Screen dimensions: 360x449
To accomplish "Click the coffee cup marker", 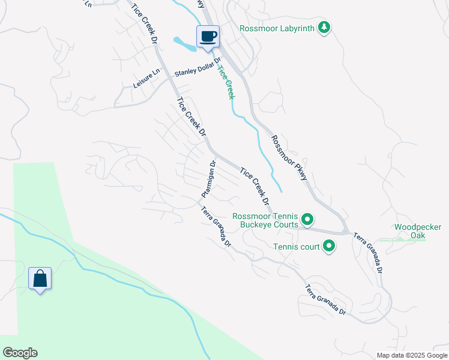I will click(x=208, y=37).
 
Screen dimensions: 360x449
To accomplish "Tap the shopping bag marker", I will click(x=40, y=279).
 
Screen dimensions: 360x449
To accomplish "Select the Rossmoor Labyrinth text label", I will click(x=277, y=28).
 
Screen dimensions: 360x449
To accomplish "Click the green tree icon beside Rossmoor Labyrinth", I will click(x=324, y=28).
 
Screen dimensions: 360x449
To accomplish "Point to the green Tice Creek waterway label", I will click(x=225, y=82).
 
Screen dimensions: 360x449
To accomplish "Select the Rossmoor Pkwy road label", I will click(x=289, y=158).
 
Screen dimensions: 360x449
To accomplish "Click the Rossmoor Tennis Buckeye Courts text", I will click(x=265, y=220).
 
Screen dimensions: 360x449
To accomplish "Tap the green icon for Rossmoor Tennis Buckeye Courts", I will click(x=307, y=220).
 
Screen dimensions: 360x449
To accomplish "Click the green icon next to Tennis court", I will click(x=329, y=245).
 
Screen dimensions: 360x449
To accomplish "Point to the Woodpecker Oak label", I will click(x=418, y=231).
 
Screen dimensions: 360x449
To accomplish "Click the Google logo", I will click(x=20, y=353).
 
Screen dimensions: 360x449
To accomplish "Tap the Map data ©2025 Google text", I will click(x=411, y=355).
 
